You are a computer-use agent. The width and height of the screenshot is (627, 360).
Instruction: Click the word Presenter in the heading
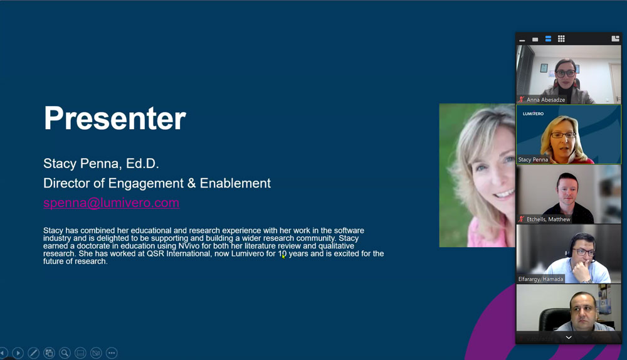pyautogui.click(x=115, y=119)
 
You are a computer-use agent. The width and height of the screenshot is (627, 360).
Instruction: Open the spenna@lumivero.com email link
pyautogui.click(x=111, y=203)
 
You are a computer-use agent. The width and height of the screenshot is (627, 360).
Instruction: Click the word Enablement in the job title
pyautogui.click(x=235, y=183)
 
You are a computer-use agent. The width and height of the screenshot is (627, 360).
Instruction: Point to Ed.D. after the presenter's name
pyautogui.click(x=142, y=163)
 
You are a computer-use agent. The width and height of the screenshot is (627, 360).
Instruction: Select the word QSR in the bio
pyautogui.click(x=155, y=253)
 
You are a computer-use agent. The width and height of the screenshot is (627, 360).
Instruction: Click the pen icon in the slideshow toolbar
pyautogui.click(x=34, y=353)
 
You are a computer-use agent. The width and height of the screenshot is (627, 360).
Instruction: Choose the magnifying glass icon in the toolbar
pyautogui.click(x=65, y=353)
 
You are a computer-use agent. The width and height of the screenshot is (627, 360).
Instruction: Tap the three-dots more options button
pyautogui.click(x=112, y=353)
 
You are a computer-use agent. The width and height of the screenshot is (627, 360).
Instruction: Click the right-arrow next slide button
pyautogui.click(x=18, y=353)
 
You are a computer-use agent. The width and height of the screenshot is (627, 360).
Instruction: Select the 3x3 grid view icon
pyautogui.click(x=561, y=38)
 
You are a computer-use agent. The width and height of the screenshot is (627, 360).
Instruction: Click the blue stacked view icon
pyautogui.click(x=548, y=39)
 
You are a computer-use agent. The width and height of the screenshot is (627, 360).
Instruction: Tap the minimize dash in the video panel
pyautogui.click(x=522, y=40)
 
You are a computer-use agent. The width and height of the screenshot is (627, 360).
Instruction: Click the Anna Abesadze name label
pyautogui.click(x=546, y=100)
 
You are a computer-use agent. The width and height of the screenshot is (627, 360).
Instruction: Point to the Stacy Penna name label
pyautogui.click(x=533, y=159)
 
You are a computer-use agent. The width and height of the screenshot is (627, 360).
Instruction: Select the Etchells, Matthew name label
pyautogui.click(x=548, y=220)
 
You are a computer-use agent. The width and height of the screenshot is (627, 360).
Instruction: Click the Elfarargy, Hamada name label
pyautogui.click(x=540, y=279)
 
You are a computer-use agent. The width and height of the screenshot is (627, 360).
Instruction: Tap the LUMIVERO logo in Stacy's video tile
pyautogui.click(x=533, y=114)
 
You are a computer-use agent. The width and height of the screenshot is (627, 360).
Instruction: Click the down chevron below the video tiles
pyautogui.click(x=569, y=337)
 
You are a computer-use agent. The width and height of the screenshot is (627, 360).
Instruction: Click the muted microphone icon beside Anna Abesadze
pyautogui.click(x=522, y=99)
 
